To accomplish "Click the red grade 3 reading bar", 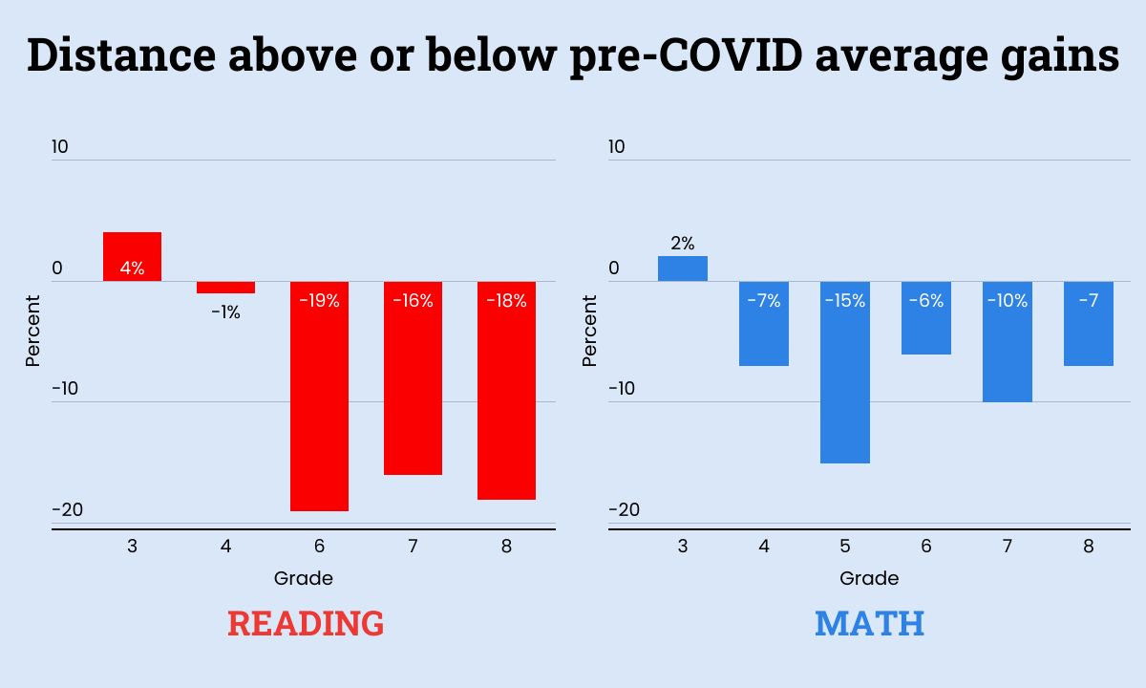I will (x=132, y=256).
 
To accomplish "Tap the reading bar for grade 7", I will (x=413, y=382).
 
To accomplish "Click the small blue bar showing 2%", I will (x=682, y=269).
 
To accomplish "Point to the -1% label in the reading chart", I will (x=226, y=312).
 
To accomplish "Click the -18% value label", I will (x=506, y=301).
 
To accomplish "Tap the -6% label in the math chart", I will (x=925, y=301).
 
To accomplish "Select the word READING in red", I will (x=306, y=624).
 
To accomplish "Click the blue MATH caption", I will (x=869, y=624).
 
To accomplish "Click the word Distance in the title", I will (x=120, y=55).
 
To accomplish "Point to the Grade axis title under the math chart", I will (x=869, y=578).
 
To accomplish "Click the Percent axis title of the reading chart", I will (x=33, y=330).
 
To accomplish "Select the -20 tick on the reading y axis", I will (x=68, y=509).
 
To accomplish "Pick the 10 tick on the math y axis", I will (x=617, y=146).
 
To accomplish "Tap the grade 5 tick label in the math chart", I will (x=844, y=547).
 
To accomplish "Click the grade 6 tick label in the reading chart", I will (x=319, y=547).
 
